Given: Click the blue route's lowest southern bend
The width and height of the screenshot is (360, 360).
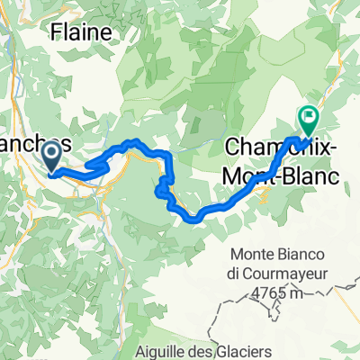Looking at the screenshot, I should click(x=191, y=218).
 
